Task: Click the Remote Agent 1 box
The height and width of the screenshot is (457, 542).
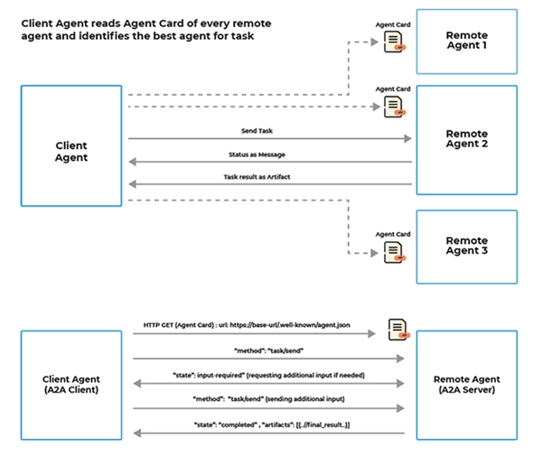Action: click(x=466, y=41)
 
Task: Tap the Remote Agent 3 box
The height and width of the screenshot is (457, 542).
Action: click(x=466, y=247)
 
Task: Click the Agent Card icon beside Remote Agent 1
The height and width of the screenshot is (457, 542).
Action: click(x=394, y=41)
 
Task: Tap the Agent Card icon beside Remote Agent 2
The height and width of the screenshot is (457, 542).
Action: click(x=394, y=107)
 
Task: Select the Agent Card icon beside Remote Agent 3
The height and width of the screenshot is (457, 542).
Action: click(x=394, y=250)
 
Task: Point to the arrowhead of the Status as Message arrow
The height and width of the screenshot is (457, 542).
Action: click(x=133, y=163)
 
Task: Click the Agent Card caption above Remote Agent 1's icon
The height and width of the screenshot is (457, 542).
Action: click(x=393, y=23)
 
